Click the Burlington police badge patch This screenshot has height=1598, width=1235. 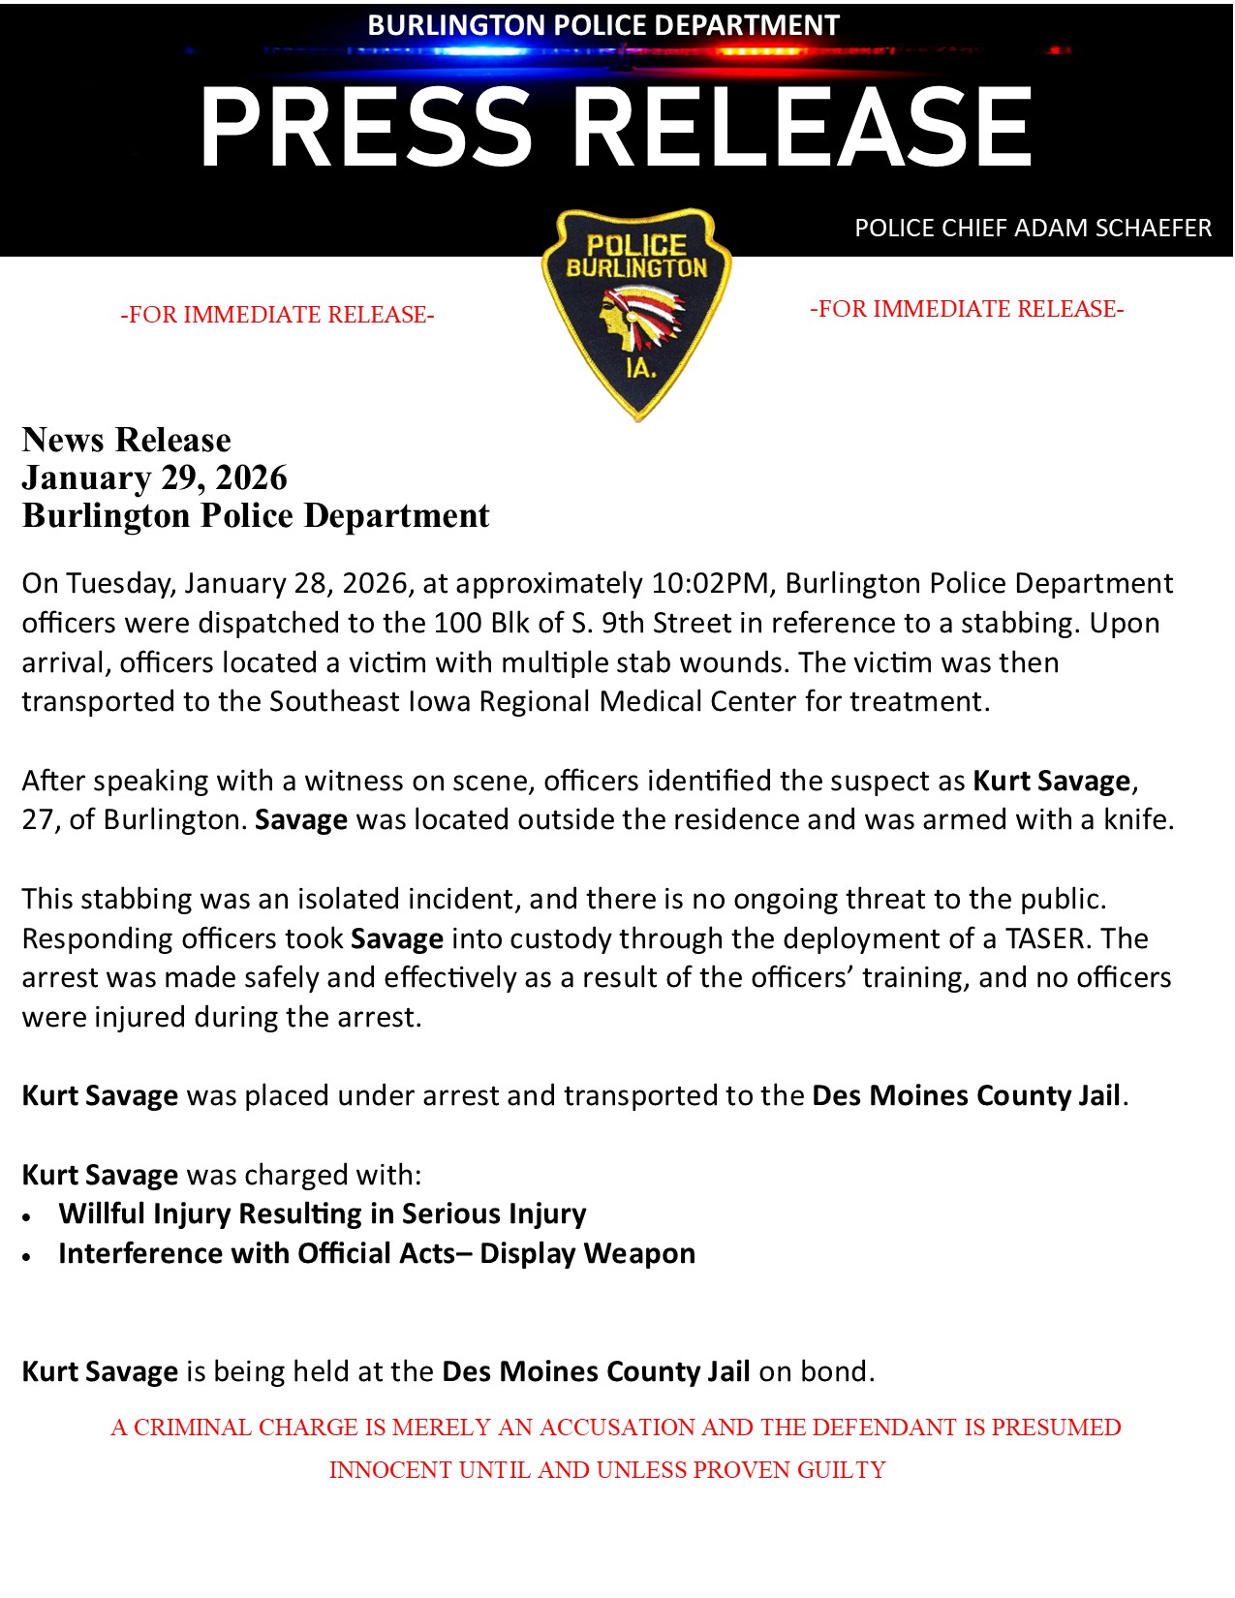click(x=636, y=313)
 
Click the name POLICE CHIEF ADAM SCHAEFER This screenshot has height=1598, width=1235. click(x=1033, y=229)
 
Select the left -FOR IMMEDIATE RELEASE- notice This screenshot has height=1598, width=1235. click(x=277, y=315)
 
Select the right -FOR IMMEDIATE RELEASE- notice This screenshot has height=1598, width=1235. click(x=967, y=309)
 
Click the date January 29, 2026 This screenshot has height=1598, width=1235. click(x=155, y=477)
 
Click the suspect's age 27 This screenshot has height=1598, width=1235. click(x=39, y=820)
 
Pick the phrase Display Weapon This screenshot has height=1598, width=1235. click(x=587, y=1253)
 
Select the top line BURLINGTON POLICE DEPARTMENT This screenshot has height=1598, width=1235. click(x=603, y=25)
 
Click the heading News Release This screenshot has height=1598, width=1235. click(x=127, y=440)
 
